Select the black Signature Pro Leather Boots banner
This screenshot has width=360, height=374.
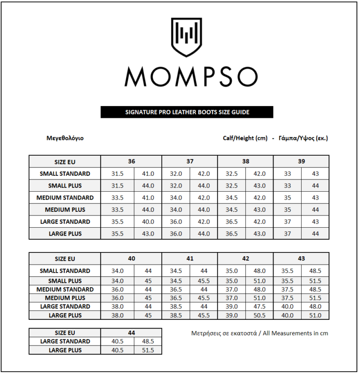(x=187, y=112)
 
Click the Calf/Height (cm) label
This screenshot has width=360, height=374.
(x=245, y=138)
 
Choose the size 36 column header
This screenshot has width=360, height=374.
(x=131, y=161)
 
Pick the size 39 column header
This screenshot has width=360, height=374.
(x=301, y=161)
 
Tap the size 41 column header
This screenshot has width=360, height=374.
(x=190, y=259)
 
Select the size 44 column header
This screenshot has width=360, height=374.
(x=131, y=332)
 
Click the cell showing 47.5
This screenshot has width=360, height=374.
(x=259, y=306)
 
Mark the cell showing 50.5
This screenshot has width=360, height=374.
(x=259, y=315)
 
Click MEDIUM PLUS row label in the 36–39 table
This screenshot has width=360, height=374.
(x=65, y=209)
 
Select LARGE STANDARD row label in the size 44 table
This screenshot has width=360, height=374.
(x=65, y=341)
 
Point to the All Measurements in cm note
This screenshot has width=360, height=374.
(x=260, y=333)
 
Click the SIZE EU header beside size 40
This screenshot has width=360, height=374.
(x=65, y=259)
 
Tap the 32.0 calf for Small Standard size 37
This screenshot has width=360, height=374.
(x=176, y=173)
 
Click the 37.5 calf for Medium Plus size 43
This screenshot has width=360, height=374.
(x=288, y=298)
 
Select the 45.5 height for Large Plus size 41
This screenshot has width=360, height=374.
(x=204, y=315)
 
